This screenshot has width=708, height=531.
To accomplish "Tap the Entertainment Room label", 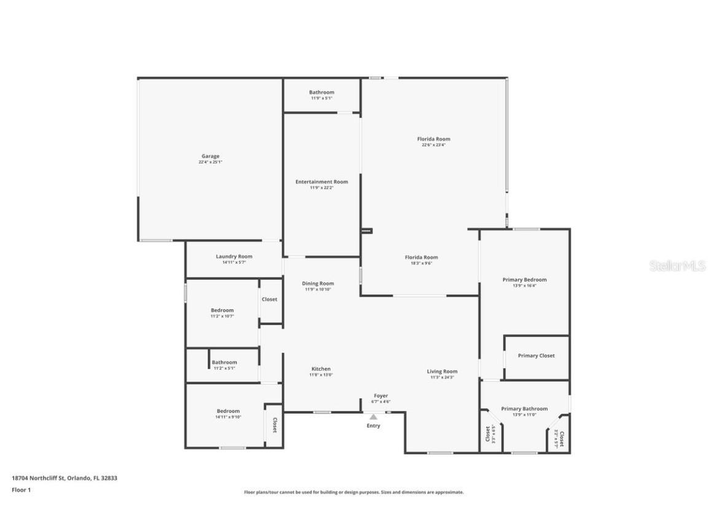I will [x=321, y=182].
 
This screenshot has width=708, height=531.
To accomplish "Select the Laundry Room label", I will [x=234, y=256].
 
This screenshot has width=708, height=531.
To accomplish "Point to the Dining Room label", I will [x=318, y=283].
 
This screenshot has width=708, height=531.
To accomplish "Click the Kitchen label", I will [x=320, y=369].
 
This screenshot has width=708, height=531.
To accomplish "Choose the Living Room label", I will [x=442, y=371].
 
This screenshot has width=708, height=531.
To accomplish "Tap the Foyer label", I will [x=380, y=396].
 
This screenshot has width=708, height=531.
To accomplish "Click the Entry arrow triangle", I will [x=373, y=417].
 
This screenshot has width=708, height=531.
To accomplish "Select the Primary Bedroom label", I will [x=524, y=280].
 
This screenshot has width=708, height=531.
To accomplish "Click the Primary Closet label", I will [x=536, y=355].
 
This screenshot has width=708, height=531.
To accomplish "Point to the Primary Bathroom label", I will [x=524, y=409].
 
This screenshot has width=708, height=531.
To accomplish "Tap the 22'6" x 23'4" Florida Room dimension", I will [x=433, y=145].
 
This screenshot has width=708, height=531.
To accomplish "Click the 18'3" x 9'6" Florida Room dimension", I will [x=421, y=263].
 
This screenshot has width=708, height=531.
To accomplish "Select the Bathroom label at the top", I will [x=321, y=92].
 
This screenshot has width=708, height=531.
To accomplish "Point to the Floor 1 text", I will [x=21, y=490].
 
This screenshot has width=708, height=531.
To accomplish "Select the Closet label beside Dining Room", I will [x=269, y=299].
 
